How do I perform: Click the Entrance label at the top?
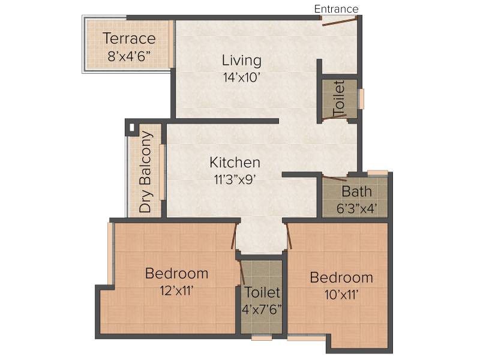click(x=336, y=9)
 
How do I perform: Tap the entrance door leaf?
click(x=340, y=22)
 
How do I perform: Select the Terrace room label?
click(x=129, y=38)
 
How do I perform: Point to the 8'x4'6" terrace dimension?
click(x=129, y=56)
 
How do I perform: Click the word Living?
click(x=242, y=61)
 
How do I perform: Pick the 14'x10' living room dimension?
click(x=242, y=77)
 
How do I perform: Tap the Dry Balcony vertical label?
click(x=145, y=172)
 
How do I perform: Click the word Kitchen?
click(x=235, y=163)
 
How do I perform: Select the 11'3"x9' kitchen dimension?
click(x=235, y=179)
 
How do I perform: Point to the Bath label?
click(x=356, y=192)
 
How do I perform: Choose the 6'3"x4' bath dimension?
click(x=356, y=209)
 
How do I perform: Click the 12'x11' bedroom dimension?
click(x=176, y=290)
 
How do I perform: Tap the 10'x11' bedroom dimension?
click(x=341, y=295)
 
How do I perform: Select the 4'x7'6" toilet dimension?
click(x=262, y=310)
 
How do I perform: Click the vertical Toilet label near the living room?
click(x=339, y=99)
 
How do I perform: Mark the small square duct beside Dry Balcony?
click(x=131, y=127)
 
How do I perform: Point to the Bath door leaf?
click(x=335, y=178)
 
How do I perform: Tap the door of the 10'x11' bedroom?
click(x=289, y=236)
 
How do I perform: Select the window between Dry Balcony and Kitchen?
click(x=162, y=172)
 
